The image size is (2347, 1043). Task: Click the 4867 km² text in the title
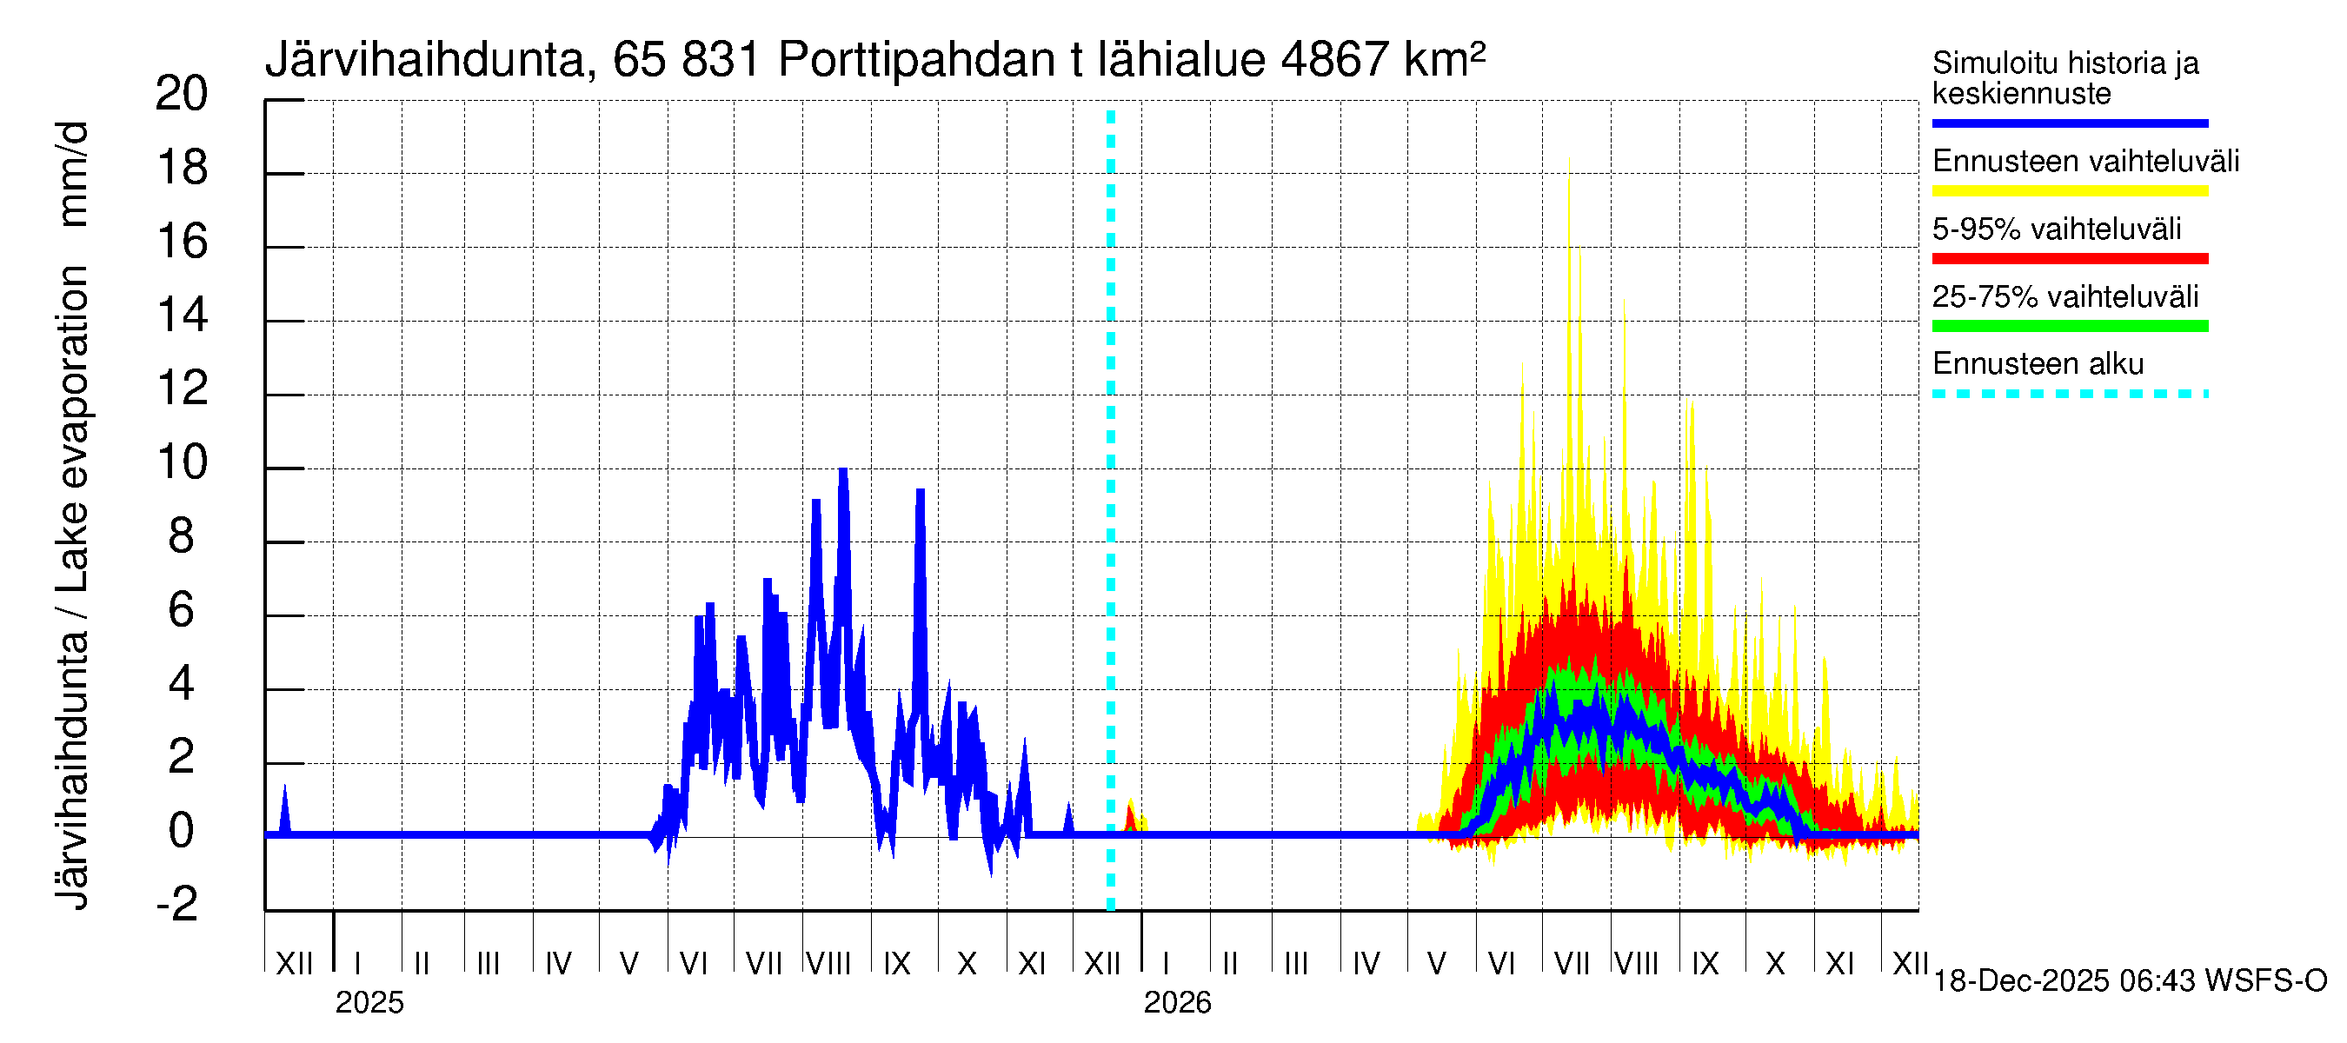click(1382, 61)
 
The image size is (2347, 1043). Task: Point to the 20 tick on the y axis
click(182, 95)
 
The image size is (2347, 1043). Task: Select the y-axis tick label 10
click(182, 463)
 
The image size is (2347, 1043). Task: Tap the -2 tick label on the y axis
click(177, 905)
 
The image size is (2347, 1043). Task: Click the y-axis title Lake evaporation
click(72, 428)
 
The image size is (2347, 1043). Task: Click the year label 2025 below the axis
click(369, 1003)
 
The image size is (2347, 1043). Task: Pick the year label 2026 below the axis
click(1177, 1003)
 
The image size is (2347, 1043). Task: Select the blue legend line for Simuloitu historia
click(2069, 123)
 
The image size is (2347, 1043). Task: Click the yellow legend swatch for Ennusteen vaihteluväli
click(2069, 191)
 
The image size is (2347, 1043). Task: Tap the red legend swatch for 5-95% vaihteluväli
click(2069, 259)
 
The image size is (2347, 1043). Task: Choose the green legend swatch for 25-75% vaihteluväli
click(2069, 326)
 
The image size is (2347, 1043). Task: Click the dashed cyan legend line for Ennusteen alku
click(2069, 395)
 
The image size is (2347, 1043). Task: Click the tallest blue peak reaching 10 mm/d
click(844, 472)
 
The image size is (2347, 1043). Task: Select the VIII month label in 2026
click(1636, 964)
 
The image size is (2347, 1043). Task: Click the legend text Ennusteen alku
click(2038, 364)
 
